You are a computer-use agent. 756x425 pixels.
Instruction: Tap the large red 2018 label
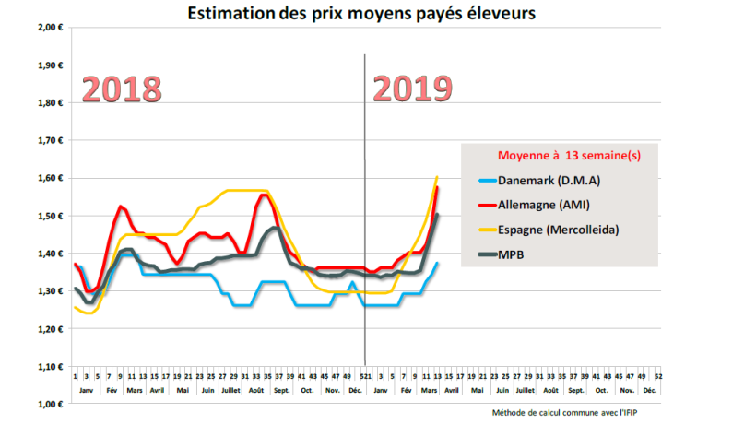coord(123,89)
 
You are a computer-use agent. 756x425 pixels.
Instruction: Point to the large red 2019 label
coord(412,89)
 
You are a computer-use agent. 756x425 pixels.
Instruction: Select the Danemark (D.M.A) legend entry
coord(549,181)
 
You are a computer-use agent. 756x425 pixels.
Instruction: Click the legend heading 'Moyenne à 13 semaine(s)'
coord(557,156)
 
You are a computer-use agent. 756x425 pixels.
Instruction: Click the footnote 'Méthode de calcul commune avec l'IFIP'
coord(564,412)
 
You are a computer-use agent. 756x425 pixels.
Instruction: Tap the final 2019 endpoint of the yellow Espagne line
coord(437,176)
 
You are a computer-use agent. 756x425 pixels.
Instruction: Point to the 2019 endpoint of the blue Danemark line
coord(437,264)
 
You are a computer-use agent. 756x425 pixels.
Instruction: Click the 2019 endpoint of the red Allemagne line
coord(437,187)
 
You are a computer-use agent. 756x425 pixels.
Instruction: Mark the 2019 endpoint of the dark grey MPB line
coord(437,215)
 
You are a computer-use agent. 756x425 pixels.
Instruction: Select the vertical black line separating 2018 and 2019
coord(365,212)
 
